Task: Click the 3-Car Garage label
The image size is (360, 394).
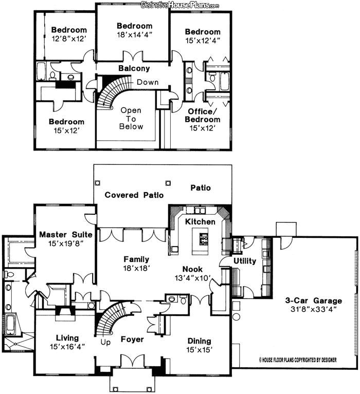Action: pyautogui.click(x=314, y=301)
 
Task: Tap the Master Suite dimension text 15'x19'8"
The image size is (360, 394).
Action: pyautogui.click(x=66, y=243)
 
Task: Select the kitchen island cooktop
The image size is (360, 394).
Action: pyautogui.click(x=204, y=239)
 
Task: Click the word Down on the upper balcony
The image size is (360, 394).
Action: pyautogui.click(x=148, y=82)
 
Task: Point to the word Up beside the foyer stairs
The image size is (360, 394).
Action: pyautogui.click(x=105, y=342)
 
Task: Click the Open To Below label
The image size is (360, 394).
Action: pyautogui.click(x=131, y=118)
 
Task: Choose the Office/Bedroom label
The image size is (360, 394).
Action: pyautogui.click(x=203, y=116)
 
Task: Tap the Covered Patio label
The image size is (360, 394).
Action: pyautogui.click(x=134, y=195)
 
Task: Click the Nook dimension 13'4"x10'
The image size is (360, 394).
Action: pyautogui.click(x=193, y=278)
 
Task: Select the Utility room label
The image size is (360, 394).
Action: pyautogui.click(x=245, y=261)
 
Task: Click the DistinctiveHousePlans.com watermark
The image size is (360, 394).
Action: pyautogui.click(x=180, y=5)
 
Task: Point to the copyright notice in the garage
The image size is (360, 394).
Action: pyautogui.click(x=298, y=360)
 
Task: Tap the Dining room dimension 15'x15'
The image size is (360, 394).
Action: pyautogui.click(x=200, y=349)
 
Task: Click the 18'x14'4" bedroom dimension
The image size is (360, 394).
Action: pyautogui.click(x=135, y=35)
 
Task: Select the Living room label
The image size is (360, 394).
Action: pyautogui.click(x=67, y=338)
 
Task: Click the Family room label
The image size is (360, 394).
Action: pyautogui.click(x=136, y=259)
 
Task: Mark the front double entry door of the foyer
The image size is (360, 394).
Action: pyautogui.click(x=132, y=361)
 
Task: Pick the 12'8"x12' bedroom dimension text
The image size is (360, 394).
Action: pyautogui.click(x=69, y=39)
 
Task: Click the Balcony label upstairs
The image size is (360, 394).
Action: pyautogui.click(x=134, y=68)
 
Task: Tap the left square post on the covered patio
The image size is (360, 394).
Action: pyautogui.click(x=97, y=183)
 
